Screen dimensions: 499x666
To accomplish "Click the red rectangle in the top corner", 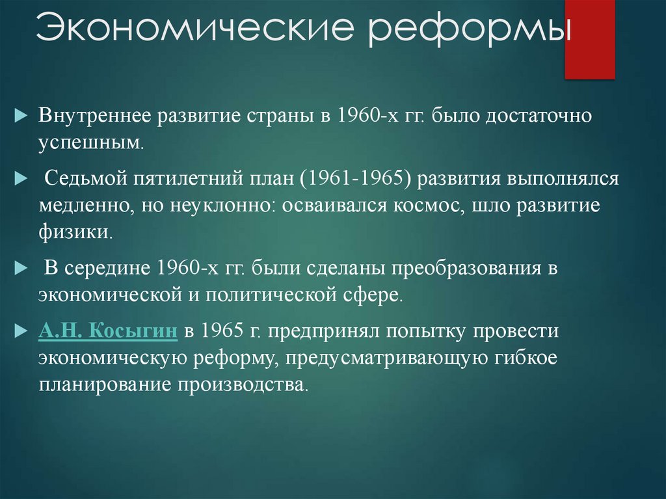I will (589, 39).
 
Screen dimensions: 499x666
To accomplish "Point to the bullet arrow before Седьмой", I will (20, 178).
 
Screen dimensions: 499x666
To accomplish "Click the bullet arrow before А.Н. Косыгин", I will (20, 330).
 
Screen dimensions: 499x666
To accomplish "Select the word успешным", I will (88, 142).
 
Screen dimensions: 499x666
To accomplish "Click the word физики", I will (75, 232).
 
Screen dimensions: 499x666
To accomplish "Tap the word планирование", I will (104, 383).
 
